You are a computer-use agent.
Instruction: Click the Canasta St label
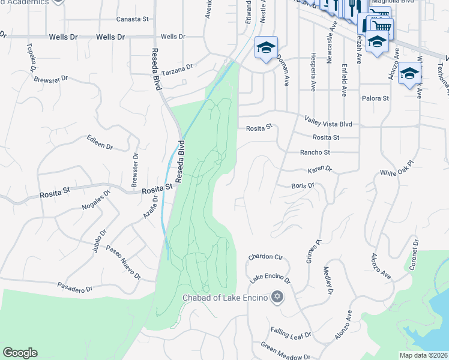pos(132,19)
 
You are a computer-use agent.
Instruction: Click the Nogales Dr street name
pos(95,200)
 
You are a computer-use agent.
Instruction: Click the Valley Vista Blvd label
pos(328,121)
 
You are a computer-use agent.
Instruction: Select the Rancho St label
pos(315,152)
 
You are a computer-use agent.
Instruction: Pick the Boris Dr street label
pos(303,186)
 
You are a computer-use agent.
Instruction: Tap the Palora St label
pos(375,98)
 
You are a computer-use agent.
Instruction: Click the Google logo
pos(20,353)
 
